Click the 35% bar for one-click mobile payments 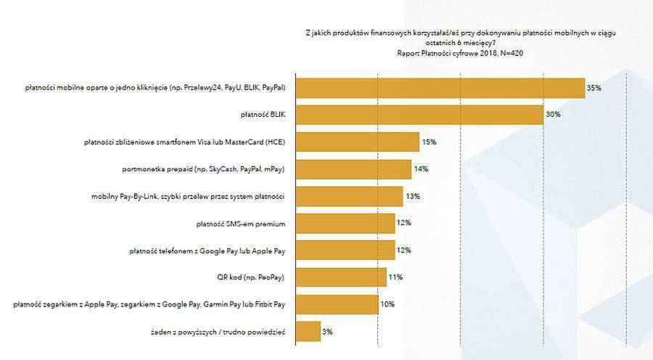(440, 88)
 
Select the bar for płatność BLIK (419, 115)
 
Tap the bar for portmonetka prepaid (353, 169)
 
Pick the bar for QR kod (341, 277)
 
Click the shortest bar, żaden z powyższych (308, 332)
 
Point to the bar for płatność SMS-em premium (345, 224)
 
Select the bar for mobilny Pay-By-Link (349, 196)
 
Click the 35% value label (594, 88)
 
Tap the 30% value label (553, 115)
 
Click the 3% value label (327, 332)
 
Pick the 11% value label (395, 277)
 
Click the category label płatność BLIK (264, 115)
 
